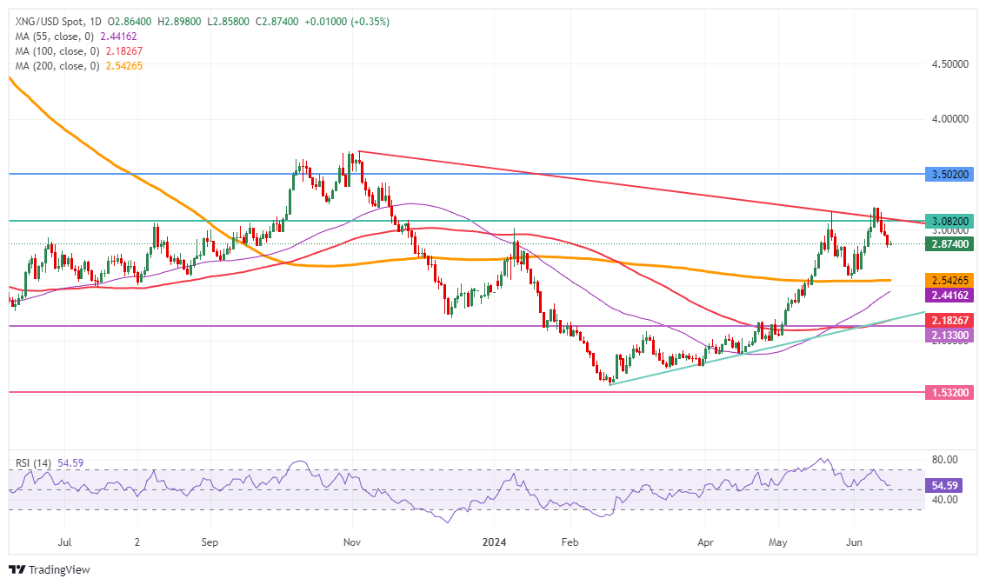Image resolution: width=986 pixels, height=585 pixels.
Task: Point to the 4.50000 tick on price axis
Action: [950, 64]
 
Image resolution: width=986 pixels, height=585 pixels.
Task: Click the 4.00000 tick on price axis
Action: [950, 118]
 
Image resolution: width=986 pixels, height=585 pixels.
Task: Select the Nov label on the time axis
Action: [352, 540]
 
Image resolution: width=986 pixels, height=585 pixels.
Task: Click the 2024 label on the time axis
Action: [497, 540]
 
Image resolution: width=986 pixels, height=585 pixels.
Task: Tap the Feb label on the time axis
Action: [570, 540]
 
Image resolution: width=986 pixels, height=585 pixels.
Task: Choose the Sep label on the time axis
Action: [209, 540]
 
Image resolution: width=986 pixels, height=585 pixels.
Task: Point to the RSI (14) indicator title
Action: [31, 463]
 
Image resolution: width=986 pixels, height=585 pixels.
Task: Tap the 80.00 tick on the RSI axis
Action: [945, 459]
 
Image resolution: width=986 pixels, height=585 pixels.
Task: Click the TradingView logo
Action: [49, 569]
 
